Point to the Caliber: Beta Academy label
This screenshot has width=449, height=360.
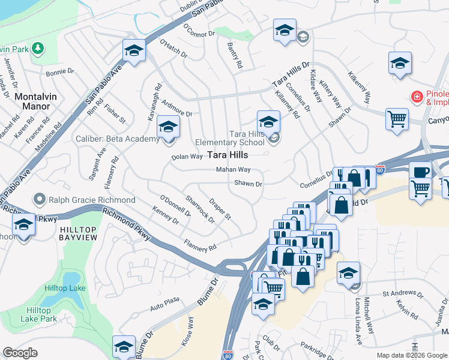pyautogui.click(x=118, y=139)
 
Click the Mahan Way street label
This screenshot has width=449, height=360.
pyautogui.click(x=234, y=170)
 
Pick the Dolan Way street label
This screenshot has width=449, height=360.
pyautogui.click(x=187, y=157)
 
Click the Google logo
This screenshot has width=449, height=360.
pyautogui.click(x=20, y=353)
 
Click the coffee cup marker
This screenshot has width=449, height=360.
pyautogui.click(x=421, y=171)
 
